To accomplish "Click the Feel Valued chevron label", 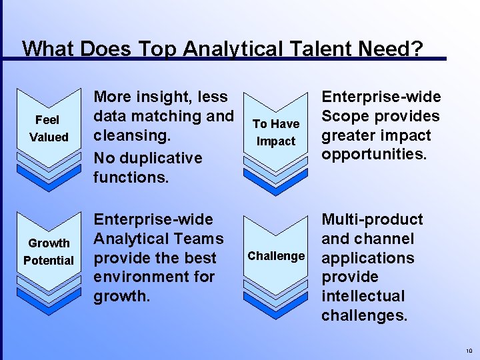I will click(48, 129).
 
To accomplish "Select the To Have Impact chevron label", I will click(276, 133).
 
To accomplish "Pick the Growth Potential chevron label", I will click(48, 252).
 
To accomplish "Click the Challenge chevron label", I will click(276, 256).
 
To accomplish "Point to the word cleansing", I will click(132, 135).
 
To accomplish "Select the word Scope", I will click(347, 116).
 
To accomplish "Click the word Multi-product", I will click(372, 219).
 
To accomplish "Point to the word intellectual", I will click(363, 296).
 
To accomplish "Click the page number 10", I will click(469, 351).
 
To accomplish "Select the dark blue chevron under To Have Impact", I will click(276, 180).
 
